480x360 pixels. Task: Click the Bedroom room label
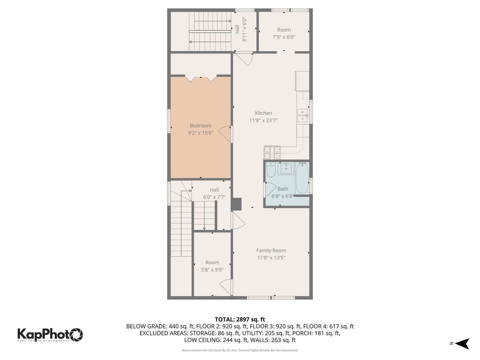point(200,126)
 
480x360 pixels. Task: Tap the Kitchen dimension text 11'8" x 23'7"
point(263,120)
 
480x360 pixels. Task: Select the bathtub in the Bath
point(302,177)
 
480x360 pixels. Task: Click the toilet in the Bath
point(271,170)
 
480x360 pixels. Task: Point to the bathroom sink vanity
point(286,169)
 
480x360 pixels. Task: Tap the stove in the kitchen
point(272,153)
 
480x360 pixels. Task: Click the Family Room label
point(271,250)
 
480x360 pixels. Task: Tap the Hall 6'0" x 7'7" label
point(214,193)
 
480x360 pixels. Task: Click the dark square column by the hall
point(237,204)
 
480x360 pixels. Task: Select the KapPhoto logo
point(50,334)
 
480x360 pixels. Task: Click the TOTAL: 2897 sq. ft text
point(240,319)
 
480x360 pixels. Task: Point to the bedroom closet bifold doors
point(201,79)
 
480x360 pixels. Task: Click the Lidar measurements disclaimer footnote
point(240,350)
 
